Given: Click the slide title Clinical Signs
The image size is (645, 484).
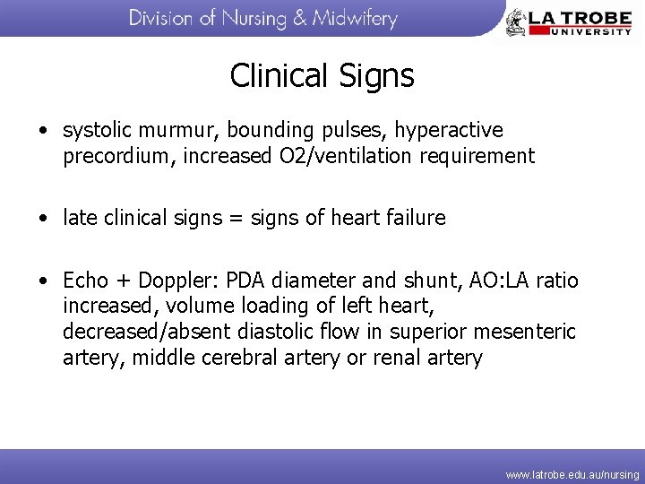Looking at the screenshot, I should [322, 75].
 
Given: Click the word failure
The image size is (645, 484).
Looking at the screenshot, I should [413, 218].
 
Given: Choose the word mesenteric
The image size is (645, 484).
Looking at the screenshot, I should [525, 333].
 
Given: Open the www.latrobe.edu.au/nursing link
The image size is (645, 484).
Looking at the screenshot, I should [572, 474].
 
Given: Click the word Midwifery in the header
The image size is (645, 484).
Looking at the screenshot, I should [354, 19].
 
